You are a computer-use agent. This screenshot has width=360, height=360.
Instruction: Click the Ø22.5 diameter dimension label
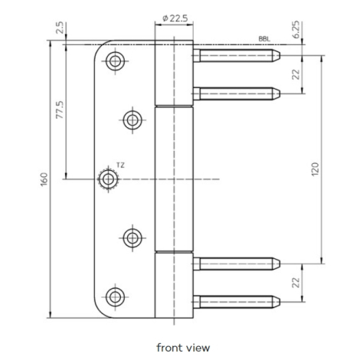point(175,18)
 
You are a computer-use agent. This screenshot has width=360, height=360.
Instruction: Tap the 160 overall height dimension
point(44,179)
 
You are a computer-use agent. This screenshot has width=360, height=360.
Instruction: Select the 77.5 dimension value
point(60,110)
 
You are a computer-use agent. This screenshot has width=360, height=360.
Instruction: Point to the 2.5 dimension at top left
point(60,28)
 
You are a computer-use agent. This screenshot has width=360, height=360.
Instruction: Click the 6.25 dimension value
point(296,30)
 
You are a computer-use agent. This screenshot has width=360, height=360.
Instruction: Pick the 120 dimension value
point(316,169)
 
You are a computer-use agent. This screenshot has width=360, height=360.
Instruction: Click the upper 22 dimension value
point(296,74)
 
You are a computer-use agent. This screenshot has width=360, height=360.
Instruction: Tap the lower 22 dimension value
point(296,283)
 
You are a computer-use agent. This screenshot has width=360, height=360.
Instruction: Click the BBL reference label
point(264,39)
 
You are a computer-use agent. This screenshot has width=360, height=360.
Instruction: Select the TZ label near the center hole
point(120,165)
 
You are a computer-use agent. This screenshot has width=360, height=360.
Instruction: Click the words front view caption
point(183,348)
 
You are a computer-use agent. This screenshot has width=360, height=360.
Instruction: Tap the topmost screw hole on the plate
point(115,61)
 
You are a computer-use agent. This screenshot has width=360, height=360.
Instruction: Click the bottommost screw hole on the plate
point(115,297)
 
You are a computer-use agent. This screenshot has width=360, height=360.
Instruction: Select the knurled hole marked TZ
point(108,179)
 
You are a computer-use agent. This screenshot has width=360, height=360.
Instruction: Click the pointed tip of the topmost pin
point(280,55)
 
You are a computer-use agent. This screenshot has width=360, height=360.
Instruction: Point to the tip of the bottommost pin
point(280,302)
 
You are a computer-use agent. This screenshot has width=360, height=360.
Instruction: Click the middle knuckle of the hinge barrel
point(174,179)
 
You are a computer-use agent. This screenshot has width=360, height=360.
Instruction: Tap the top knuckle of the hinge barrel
point(174,73)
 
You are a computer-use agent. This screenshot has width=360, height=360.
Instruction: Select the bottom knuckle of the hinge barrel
point(174,285)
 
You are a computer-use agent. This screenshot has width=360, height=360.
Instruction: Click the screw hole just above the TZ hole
point(133,120)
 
